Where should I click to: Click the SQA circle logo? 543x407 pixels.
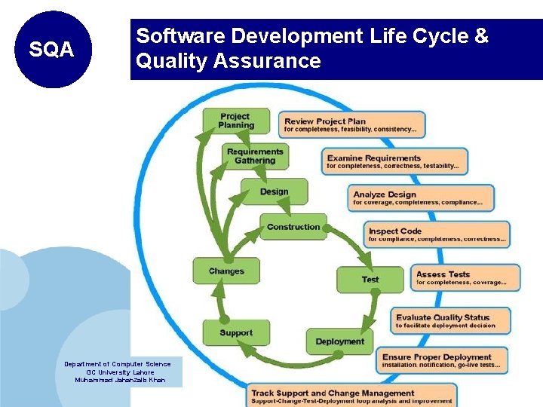click(x=51, y=50)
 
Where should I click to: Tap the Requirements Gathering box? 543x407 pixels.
click(x=255, y=156)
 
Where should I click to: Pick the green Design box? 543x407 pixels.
click(x=274, y=191)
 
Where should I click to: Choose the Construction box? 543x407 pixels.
click(x=293, y=227)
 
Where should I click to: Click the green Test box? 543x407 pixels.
click(x=370, y=280)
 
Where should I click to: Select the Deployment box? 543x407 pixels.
click(x=339, y=341)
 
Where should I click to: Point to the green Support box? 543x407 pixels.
click(x=236, y=333)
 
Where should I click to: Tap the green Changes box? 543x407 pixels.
click(x=226, y=271)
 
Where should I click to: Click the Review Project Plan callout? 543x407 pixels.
click(x=352, y=124)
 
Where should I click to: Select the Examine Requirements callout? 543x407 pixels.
click(x=395, y=161)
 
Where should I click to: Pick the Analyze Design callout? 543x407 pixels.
click(x=422, y=198)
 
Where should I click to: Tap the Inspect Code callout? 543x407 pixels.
click(x=437, y=234)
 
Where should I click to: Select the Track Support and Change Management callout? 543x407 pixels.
click(x=351, y=396)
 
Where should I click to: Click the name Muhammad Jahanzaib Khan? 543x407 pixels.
click(x=120, y=380)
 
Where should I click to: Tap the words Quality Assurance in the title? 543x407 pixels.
click(x=228, y=61)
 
